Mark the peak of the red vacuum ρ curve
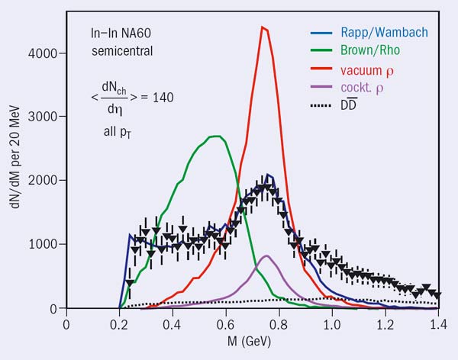coord(262,27)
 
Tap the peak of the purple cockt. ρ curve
coord(266,256)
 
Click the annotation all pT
coord(118,132)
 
